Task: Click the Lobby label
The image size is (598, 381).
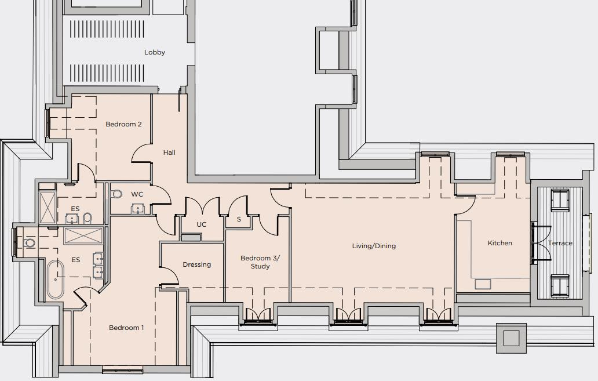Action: [x=155, y=52]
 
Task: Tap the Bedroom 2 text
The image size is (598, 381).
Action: [x=123, y=124]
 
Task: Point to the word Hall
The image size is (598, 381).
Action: [x=169, y=153]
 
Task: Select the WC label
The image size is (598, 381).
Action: [x=137, y=194]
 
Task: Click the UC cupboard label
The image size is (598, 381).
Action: [x=202, y=224]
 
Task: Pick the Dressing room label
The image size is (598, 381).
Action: [x=196, y=264]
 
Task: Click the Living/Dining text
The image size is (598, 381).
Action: [x=374, y=246]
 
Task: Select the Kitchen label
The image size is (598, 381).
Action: [x=499, y=243]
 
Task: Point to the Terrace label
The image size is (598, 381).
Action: [x=560, y=243]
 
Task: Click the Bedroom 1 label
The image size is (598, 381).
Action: [x=126, y=328]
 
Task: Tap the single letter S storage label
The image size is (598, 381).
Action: [x=239, y=219]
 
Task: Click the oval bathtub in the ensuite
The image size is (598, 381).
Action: [x=55, y=280]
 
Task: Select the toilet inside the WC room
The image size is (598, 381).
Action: [x=116, y=194]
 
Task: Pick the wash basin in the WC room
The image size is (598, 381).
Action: [x=138, y=208]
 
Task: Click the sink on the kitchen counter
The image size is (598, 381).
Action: [x=483, y=284]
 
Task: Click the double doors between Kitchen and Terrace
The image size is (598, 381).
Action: [x=540, y=243]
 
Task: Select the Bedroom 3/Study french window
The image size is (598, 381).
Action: [x=257, y=315]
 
